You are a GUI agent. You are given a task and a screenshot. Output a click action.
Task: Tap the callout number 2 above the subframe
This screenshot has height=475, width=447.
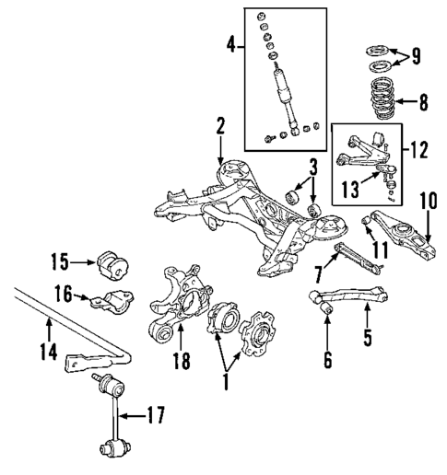[220, 125]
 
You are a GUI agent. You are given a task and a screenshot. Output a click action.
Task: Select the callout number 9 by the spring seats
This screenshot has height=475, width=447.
[418, 57]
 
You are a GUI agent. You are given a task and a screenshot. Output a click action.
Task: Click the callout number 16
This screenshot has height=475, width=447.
[61, 295]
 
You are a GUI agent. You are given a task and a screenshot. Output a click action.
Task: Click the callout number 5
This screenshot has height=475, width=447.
[367, 339]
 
